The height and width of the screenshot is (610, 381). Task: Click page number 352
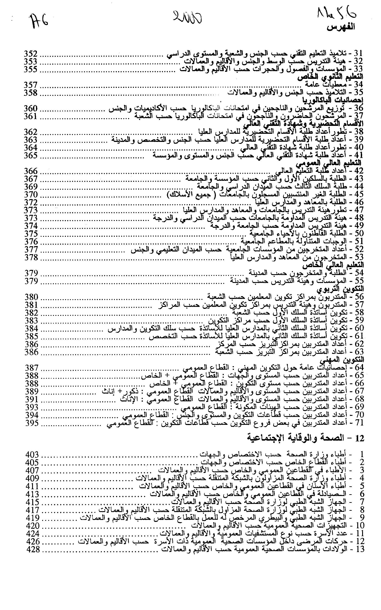click(31, 54)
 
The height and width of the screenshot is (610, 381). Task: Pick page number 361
click(31, 116)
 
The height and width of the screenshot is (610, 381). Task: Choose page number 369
click(31, 187)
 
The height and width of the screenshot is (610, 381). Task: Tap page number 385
click(31, 336)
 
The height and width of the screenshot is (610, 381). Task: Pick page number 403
click(32, 455)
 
